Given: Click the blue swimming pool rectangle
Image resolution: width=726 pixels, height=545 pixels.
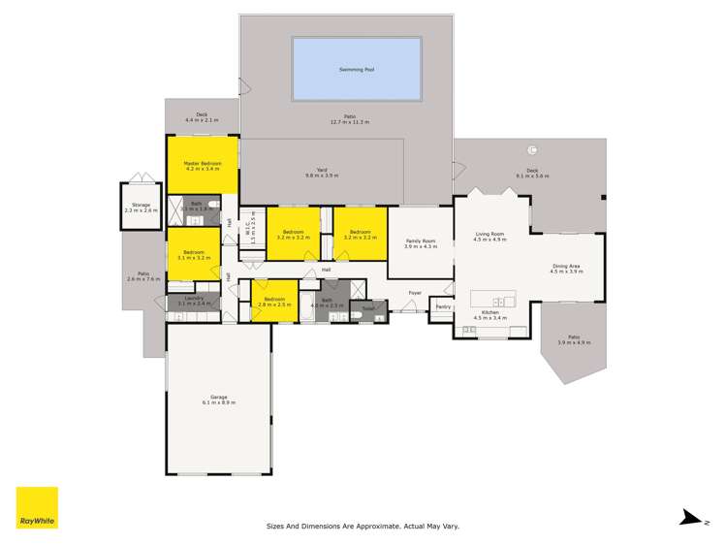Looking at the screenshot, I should coord(357,69).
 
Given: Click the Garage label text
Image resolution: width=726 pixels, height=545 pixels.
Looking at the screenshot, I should coord(219,398).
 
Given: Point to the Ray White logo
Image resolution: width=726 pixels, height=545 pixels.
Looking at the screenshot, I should coord(37,507).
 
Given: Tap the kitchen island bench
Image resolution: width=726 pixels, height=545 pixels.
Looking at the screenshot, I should coord(492,298).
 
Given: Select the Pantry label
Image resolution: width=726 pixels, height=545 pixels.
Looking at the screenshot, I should coord(443,307).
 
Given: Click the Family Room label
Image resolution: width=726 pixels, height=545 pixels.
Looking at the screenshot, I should coord(421,240).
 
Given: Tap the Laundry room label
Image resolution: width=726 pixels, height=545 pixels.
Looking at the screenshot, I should coord(193,300).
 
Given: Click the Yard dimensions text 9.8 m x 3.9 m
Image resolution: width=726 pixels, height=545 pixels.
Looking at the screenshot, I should coord(322,176).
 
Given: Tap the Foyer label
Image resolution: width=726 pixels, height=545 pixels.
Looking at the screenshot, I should coord(414,292).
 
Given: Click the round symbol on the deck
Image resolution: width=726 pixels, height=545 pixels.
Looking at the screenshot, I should coord(532,149).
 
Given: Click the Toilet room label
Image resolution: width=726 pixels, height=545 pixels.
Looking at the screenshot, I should coord(367,309).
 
